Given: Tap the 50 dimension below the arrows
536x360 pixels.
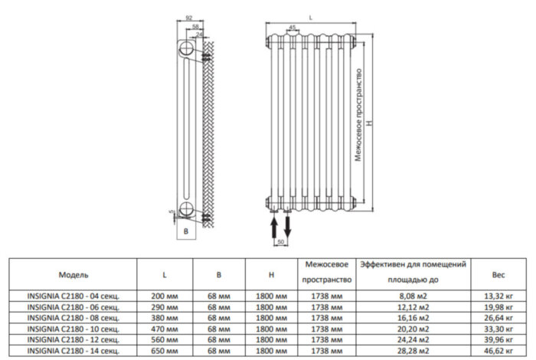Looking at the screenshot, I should coord(281,242).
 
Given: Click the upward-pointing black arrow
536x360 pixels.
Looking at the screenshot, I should coord(275,226).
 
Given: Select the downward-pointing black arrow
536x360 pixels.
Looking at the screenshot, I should coord(288,226).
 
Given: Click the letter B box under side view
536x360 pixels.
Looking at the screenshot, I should coord(186,231).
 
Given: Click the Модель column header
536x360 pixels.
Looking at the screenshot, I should coord(74,273).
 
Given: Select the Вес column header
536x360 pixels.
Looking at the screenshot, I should coord(498,273).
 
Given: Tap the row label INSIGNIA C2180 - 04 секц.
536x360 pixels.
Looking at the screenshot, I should coord(74,295).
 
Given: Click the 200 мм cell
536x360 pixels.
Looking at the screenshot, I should coord(165,295).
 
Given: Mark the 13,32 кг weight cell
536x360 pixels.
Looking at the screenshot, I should coord(498,295).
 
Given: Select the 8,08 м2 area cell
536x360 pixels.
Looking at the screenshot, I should coord(413,295).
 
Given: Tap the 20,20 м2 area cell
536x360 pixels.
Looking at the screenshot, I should coord(413,328).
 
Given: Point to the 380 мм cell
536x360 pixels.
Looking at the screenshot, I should coord(165,317).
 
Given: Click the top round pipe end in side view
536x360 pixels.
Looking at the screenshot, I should coord(186,51).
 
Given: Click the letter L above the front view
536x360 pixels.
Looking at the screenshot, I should coord(310,16).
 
